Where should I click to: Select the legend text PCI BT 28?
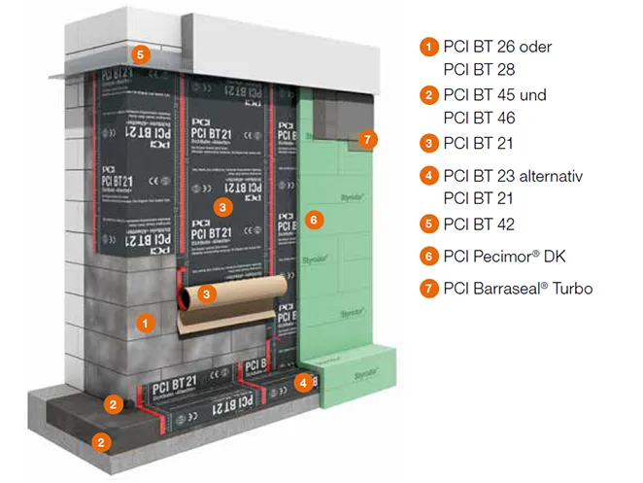478,69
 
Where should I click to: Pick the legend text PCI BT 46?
478,118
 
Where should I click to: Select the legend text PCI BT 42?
478,224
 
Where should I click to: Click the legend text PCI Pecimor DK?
504,257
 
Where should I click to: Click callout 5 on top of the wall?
141,55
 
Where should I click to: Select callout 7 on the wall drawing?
365,139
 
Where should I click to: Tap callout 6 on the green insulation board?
312,221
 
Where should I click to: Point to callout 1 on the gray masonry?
143,320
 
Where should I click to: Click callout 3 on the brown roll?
206,292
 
